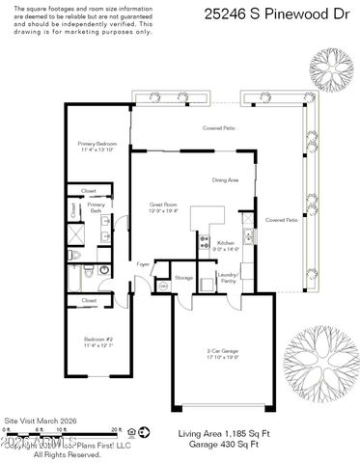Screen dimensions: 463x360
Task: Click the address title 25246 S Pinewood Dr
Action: point(276,14)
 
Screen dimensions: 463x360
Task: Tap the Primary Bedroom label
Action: point(97,147)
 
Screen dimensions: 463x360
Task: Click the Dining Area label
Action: point(225,179)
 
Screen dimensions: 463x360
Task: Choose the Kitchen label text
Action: point(225,245)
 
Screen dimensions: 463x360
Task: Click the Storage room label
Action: point(183,278)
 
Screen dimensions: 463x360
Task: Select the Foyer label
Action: point(143,262)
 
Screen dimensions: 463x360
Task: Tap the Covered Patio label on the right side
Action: point(281,220)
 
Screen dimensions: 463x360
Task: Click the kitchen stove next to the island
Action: point(204,242)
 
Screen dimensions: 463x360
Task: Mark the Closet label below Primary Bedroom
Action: point(89,190)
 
